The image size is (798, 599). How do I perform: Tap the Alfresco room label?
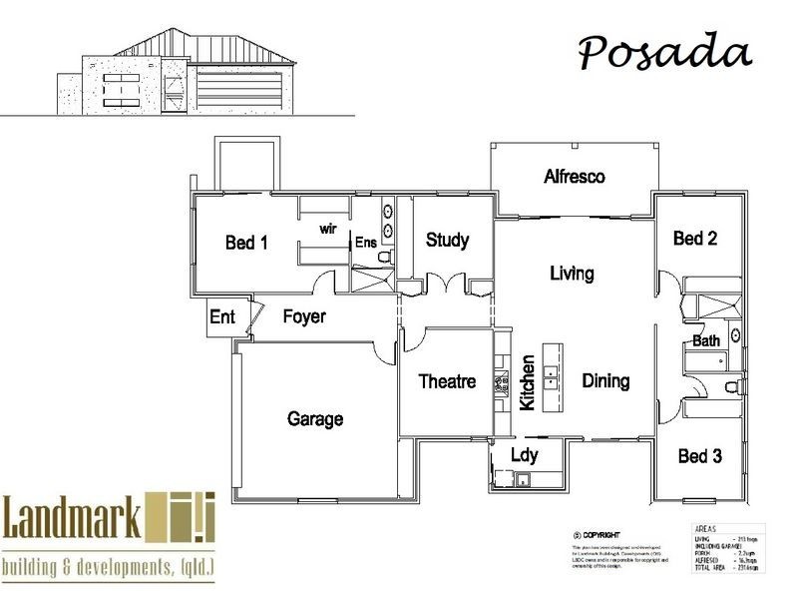coord(575,177)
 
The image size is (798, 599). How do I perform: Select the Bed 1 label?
coord(246,242)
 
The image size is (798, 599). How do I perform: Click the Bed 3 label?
coord(699,456)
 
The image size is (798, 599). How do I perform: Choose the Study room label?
coord(447,240)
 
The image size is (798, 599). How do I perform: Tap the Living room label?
coord(572,273)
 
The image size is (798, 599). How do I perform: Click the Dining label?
coord(605,380)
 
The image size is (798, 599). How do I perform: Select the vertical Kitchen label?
coord(528,382)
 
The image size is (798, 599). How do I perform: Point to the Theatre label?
coord(447,381)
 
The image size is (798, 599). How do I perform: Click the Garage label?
coord(315,418)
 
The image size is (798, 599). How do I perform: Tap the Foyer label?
coord(304,316)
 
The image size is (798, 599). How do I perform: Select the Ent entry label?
coord(222,317)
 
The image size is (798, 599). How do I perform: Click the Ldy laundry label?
coord(524,455)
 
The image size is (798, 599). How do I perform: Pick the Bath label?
coord(706,341)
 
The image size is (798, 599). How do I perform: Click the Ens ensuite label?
coord(365,242)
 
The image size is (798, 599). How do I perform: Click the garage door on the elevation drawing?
coord(244,86)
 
